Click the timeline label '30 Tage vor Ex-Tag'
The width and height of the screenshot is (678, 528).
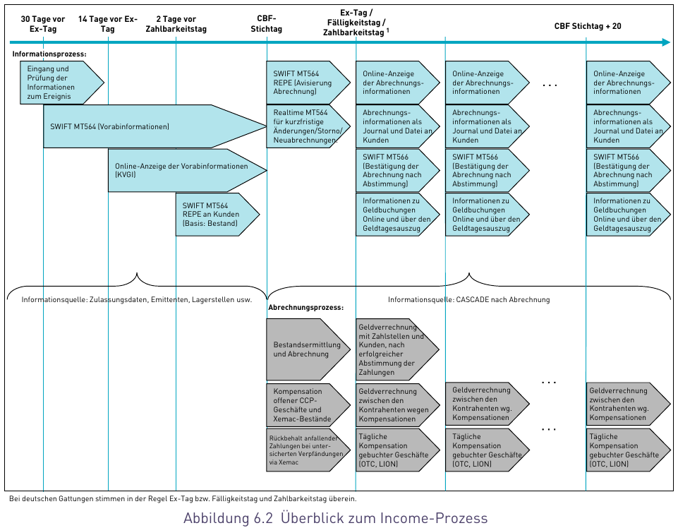click(x=44, y=24)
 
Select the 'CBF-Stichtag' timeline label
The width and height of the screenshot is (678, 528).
click(x=267, y=24)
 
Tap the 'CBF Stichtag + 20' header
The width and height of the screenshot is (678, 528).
click(x=587, y=26)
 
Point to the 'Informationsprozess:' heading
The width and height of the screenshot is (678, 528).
click(x=49, y=54)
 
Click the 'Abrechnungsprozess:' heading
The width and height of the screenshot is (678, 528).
click(x=305, y=308)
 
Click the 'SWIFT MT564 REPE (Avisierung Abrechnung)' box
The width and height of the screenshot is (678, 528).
click(x=305, y=83)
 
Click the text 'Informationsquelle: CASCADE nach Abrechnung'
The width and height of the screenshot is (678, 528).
click(x=468, y=299)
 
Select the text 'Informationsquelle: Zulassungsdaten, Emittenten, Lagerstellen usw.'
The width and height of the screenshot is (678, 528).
click(x=136, y=299)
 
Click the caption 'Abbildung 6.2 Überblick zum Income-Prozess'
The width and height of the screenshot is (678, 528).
click(x=335, y=518)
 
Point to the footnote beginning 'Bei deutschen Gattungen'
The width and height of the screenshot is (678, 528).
click(x=187, y=499)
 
